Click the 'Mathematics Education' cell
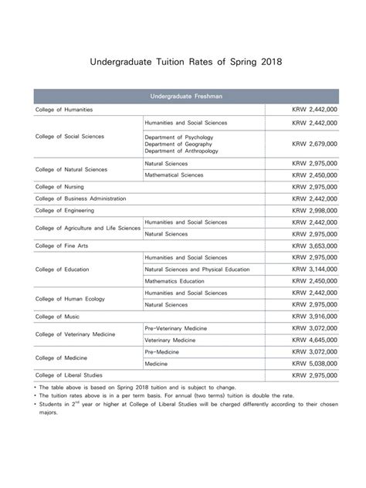point(177,281)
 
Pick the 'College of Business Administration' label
point(86,198)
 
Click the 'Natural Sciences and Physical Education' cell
point(197,269)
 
